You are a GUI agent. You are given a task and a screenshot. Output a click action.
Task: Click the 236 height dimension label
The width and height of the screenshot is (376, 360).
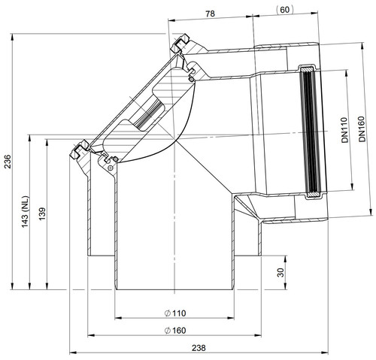pos(8,162)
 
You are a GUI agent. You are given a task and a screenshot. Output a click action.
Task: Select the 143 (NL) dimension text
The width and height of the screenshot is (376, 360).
pos(26,212)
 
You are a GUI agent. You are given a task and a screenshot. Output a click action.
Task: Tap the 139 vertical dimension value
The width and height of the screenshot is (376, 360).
pos(42,213)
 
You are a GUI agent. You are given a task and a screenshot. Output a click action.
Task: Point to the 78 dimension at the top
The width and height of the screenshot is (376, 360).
pos(210,14)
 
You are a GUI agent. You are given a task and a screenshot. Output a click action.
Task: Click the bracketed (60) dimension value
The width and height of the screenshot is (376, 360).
pos(284,10)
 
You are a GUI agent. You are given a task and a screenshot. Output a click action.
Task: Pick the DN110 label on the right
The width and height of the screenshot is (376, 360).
pos(345,130)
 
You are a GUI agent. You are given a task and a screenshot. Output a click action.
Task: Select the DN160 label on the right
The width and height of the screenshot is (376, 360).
pos(362,129)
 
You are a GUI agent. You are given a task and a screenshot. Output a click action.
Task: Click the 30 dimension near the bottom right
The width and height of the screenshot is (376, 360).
pos(281,273)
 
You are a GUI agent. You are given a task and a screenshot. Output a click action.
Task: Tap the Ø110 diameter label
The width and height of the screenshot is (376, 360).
pos(175,313)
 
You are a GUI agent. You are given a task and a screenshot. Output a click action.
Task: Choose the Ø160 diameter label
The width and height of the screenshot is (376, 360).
pos(175,331)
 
